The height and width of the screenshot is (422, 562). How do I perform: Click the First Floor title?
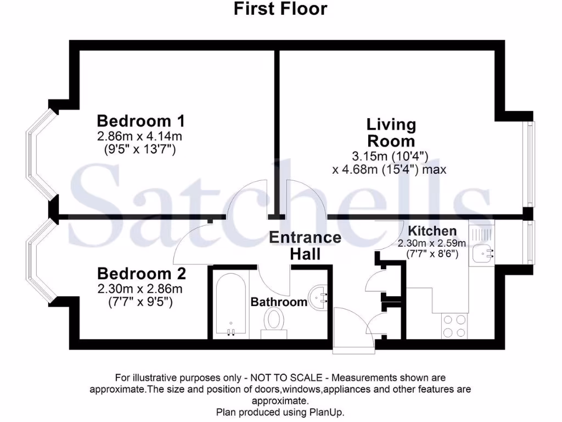[280, 9]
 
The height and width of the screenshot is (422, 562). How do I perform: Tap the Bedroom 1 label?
[140, 120]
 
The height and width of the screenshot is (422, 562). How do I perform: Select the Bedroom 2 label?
[142, 273]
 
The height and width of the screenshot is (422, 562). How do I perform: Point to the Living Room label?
[391, 132]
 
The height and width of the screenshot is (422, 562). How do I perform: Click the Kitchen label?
[432, 231]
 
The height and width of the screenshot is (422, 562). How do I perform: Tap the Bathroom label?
[279, 302]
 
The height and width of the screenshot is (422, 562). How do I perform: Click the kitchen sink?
[482, 254]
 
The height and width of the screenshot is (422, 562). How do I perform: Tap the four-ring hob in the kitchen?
[454, 326]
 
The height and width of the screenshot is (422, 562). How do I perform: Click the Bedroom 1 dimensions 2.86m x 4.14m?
[139, 135]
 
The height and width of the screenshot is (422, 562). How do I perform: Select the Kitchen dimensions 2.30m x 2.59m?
[432, 243]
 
